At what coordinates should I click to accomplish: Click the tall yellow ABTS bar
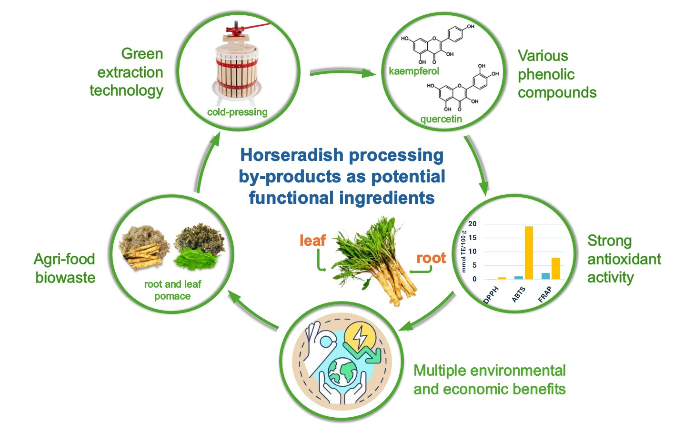click(x=529, y=252)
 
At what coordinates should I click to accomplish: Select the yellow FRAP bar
click(x=555, y=268)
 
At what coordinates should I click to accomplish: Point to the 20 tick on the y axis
click(x=472, y=224)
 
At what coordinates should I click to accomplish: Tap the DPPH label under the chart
click(x=491, y=295)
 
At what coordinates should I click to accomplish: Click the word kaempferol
click(x=414, y=71)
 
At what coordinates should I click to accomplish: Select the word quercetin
click(x=441, y=119)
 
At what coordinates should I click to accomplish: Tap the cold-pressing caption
click(x=237, y=112)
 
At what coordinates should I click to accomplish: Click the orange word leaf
click(x=312, y=241)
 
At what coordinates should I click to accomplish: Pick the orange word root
click(x=431, y=258)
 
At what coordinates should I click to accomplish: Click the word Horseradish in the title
click(x=292, y=155)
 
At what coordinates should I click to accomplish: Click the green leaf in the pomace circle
click(x=196, y=260)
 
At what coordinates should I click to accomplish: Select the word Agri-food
click(x=64, y=259)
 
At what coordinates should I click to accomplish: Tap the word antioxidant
click(x=624, y=259)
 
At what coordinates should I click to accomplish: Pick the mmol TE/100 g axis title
click(x=463, y=251)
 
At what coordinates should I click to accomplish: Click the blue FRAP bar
click(x=545, y=276)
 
